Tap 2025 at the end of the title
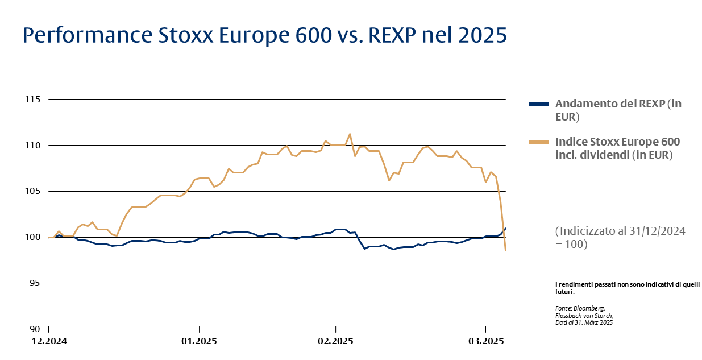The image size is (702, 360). click(x=481, y=36)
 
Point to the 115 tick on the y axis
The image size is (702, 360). click(x=34, y=100)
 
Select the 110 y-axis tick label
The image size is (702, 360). click(x=34, y=146)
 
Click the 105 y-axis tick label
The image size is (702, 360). click(x=34, y=191)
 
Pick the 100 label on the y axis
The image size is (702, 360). click(x=34, y=237)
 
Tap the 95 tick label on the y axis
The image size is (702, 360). click(x=36, y=283)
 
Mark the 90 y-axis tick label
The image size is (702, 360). click(x=36, y=329)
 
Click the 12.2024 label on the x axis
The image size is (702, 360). click(x=49, y=341)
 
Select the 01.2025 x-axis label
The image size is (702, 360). click(x=199, y=341)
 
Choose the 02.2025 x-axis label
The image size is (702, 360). click(x=335, y=341)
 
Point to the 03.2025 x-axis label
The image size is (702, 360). click(x=485, y=341)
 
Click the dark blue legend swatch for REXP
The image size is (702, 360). click(x=538, y=104)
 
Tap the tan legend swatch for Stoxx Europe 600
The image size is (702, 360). click(x=538, y=142)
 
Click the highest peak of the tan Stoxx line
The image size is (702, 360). click(x=350, y=134)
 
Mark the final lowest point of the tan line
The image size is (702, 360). click(x=505, y=250)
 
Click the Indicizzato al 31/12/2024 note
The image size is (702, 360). click(x=620, y=231)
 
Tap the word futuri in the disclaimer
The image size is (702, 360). click(x=564, y=292)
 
